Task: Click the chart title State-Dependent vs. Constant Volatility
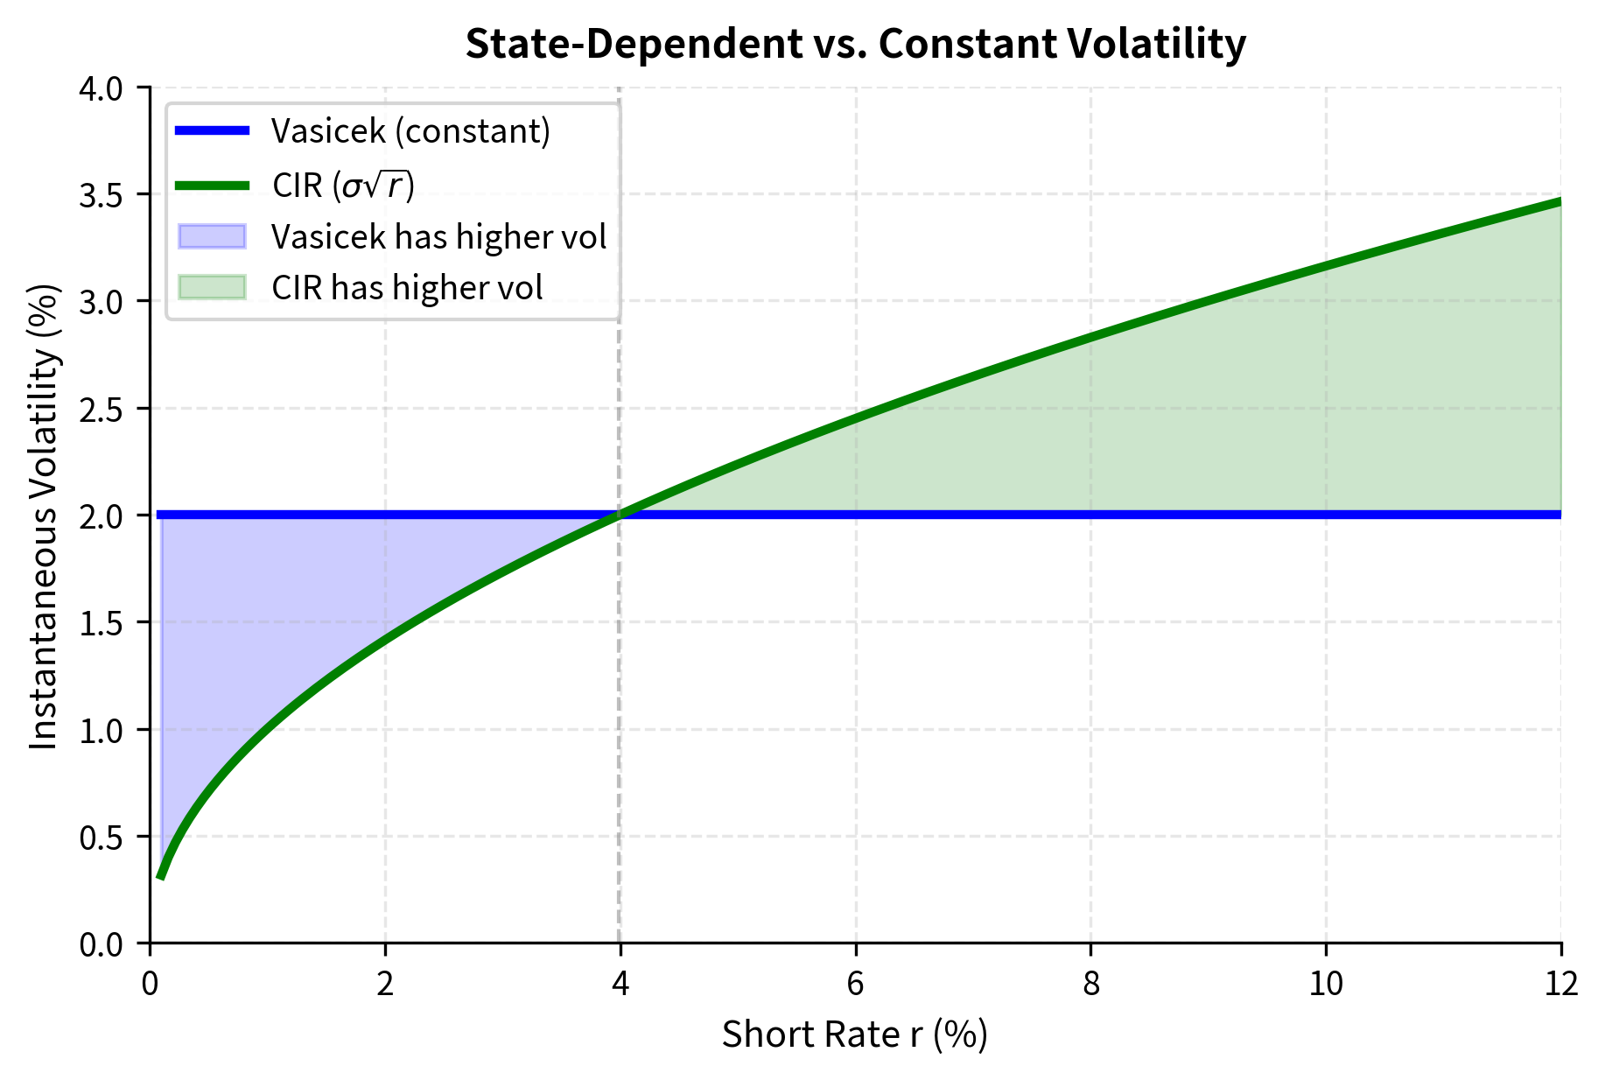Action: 855,44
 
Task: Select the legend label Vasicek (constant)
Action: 410,131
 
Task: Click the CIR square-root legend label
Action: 343,185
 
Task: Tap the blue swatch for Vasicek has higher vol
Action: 212,236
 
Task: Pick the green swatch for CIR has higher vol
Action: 212,287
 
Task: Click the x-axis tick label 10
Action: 1326,985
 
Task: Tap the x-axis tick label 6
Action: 855,985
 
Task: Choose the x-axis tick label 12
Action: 1560,985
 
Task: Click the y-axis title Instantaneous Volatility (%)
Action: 44,515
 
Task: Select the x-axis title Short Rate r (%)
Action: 855,1034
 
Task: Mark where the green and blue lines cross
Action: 620,515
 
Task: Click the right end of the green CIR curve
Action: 1559,201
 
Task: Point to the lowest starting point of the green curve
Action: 160,876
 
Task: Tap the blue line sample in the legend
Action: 212,131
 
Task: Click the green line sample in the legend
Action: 212,185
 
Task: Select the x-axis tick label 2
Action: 385,985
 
